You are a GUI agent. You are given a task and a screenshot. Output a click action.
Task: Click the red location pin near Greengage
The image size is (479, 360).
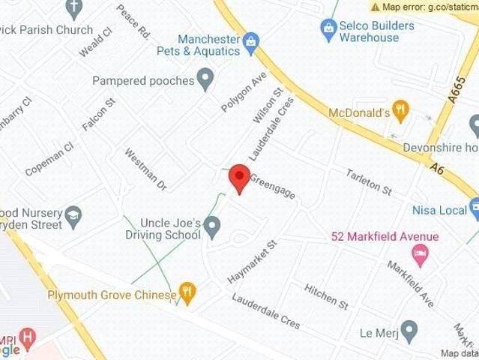click(x=238, y=177)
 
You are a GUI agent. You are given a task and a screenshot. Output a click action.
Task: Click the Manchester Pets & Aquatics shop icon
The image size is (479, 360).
click(x=251, y=40)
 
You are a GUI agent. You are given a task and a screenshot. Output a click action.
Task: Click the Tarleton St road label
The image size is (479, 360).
click(x=369, y=182)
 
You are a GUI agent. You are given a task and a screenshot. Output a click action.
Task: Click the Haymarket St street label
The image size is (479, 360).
click(x=253, y=262)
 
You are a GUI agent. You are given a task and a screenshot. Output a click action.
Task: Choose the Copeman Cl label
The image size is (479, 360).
click(x=49, y=160)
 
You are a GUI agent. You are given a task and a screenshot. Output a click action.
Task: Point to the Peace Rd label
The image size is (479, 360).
click(x=133, y=22)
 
